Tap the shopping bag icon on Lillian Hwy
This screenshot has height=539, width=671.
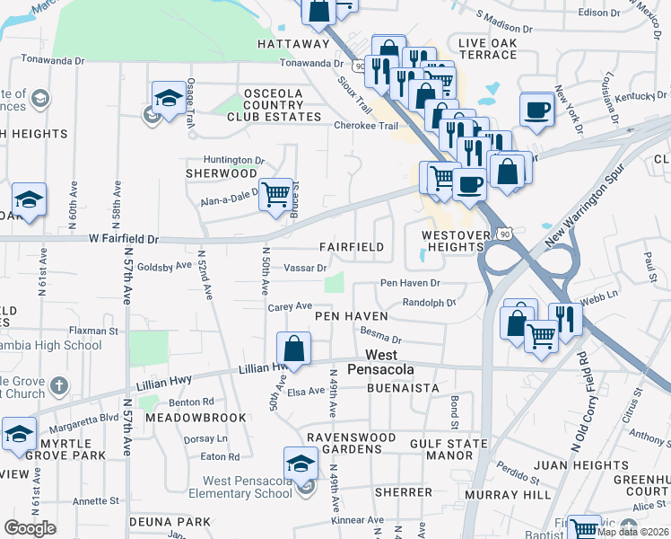coord(294,347)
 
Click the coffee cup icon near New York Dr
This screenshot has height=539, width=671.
coord(536,109)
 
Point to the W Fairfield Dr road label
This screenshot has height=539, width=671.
coord(123,240)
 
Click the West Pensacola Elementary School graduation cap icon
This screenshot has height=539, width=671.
coord(301,463)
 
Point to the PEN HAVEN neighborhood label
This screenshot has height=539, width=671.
coord(351,316)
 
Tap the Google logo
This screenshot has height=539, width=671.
coord(30,528)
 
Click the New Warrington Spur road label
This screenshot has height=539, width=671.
coord(593,201)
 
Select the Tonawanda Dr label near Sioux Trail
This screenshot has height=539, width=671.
coord(311,64)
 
